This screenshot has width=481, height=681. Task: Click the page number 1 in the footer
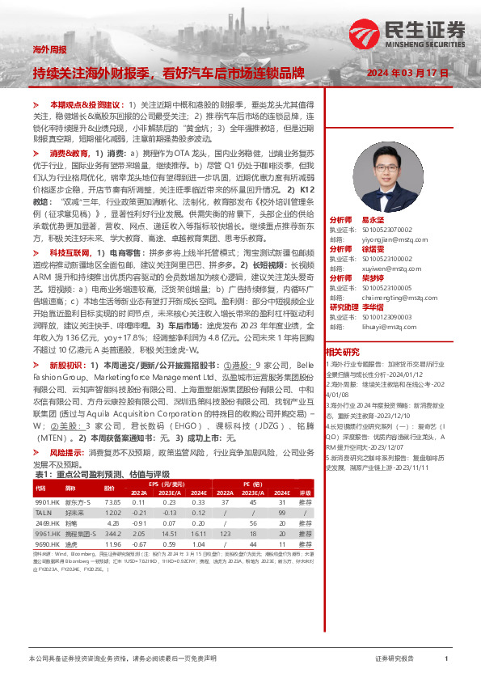pyautogui.click(x=446, y=659)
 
